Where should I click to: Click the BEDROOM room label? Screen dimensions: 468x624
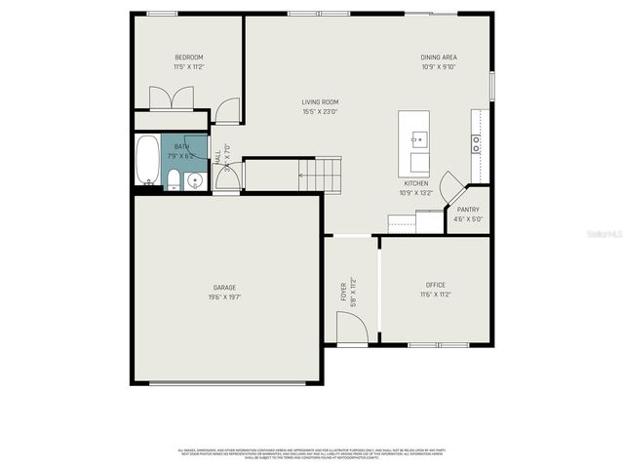(189, 58)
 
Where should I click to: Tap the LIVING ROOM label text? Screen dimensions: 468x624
(320, 102)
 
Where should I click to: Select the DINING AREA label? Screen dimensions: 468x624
(439, 58)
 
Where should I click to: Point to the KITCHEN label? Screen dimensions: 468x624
(416, 183)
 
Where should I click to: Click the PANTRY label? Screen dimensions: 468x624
(468, 210)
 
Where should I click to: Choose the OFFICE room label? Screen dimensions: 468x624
(435, 285)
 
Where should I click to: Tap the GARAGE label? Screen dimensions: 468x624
(225, 288)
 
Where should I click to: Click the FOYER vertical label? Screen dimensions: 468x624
(343, 291)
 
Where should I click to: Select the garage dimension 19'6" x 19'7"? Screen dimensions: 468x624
(225, 296)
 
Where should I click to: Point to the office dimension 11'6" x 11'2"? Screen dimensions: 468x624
(435, 293)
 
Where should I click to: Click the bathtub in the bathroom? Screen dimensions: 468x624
(147, 160)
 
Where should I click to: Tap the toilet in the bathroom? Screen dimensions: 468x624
(174, 178)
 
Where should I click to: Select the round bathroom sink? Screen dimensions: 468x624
(194, 179)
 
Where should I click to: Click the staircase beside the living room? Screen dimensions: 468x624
(321, 175)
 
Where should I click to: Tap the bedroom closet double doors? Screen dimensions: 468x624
(171, 98)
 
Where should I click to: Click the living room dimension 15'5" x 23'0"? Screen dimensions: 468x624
(320, 111)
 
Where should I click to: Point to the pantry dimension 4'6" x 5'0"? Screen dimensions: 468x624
(468, 218)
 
